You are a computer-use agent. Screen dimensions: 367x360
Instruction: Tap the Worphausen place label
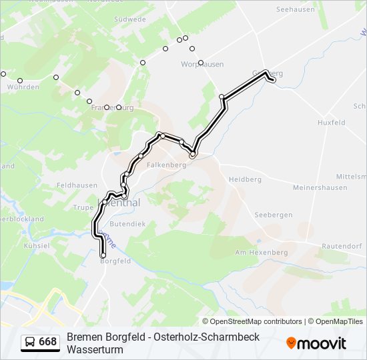(202, 64)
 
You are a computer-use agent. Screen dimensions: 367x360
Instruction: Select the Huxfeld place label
(332, 123)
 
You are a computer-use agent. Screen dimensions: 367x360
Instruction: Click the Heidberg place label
(245, 179)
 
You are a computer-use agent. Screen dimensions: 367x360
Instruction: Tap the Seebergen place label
(274, 215)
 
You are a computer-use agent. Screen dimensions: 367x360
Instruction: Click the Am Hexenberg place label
(262, 253)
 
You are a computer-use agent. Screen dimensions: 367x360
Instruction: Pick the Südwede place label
(130, 19)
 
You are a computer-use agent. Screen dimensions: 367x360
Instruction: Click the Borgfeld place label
(115, 261)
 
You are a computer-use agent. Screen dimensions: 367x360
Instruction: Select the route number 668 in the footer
(47, 342)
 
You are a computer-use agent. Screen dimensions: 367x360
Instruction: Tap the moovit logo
(316, 343)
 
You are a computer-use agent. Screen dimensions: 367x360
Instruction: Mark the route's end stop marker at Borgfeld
(103, 255)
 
